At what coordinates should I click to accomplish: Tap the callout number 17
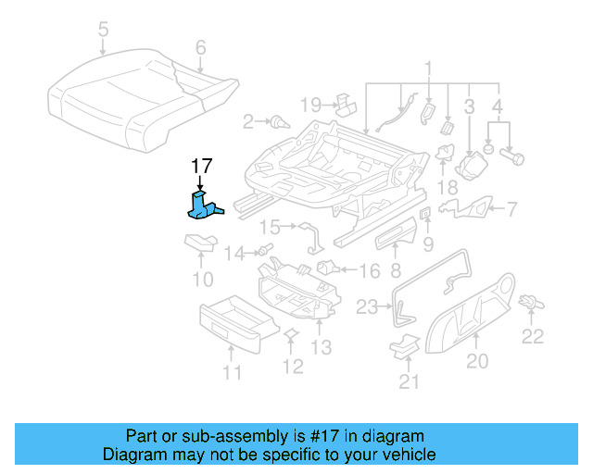click(202, 167)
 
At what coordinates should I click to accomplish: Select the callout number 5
click(103, 31)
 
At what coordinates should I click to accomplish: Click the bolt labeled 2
click(277, 120)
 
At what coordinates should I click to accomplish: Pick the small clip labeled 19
click(345, 101)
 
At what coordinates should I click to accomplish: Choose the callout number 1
click(429, 68)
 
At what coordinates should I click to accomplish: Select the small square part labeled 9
click(425, 215)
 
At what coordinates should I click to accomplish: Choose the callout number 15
click(268, 227)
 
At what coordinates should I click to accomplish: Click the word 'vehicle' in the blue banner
click(407, 455)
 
